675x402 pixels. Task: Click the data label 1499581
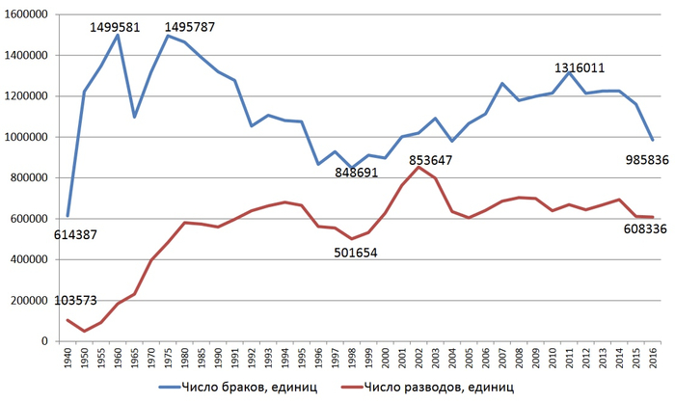coord(116,27)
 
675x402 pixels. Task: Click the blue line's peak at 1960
coord(118,36)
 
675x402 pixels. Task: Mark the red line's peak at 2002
coord(418,167)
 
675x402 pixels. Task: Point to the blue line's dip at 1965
coord(134,117)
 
